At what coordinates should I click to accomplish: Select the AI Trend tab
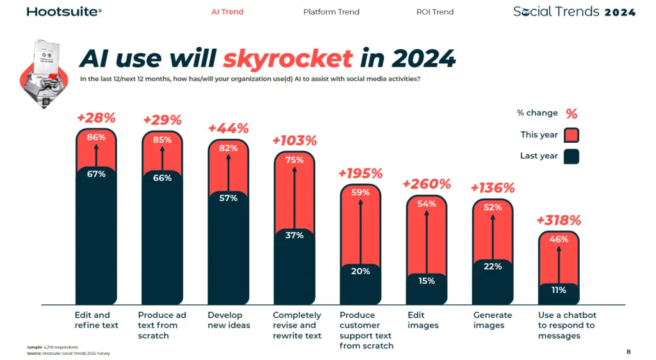click(x=227, y=12)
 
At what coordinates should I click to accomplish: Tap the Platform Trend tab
click(x=331, y=12)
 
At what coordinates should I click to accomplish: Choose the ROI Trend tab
click(x=434, y=12)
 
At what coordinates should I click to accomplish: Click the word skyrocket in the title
click(x=288, y=59)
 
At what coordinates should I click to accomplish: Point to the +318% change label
click(x=559, y=220)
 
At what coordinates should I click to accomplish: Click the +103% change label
click(x=295, y=140)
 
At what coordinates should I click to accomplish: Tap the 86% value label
click(x=96, y=137)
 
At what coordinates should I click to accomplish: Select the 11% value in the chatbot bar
click(x=559, y=290)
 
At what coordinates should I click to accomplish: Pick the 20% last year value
click(x=361, y=271)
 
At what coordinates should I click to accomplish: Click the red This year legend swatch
click(x=571, y=135)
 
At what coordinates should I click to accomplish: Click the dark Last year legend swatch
click(x=571, y=156)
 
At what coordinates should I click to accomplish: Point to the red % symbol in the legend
click(x=571, y=113)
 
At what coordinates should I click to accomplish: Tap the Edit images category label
click(x=423, y=320)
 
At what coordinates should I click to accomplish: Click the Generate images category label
click(x=493, y=320)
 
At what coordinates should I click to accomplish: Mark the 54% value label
click(x=427, y=204)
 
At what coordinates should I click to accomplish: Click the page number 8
click(x=628, y=352)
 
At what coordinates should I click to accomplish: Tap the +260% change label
click(x=427, y=184)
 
